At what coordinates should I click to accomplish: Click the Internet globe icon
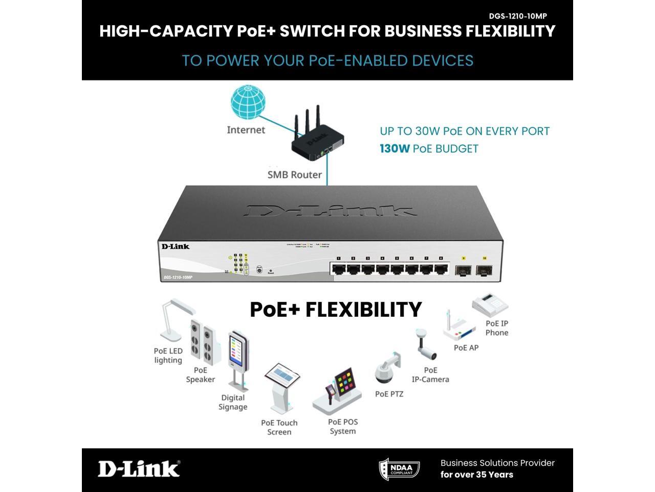point(248,103)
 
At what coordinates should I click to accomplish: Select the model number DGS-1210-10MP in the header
point(518,16)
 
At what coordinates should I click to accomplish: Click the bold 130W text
point(395,149)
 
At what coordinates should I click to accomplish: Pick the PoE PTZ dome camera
point(387,368)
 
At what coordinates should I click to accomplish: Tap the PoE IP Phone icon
point(490,305)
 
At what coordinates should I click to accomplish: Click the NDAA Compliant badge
point(399,469)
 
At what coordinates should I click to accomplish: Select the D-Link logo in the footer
point(139,468)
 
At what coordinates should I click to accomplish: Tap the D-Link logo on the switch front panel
point(176,247)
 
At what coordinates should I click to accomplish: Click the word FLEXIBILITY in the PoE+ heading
point(363,310)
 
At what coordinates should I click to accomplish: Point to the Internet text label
point(246,130)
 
